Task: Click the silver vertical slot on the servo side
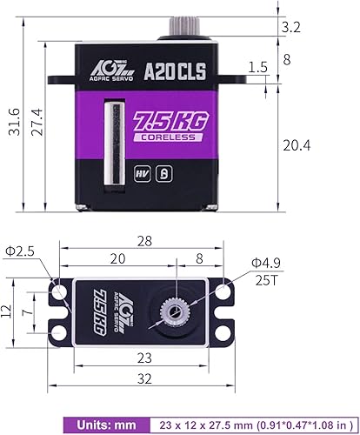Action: point(110,143)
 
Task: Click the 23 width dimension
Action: point(145,357)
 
